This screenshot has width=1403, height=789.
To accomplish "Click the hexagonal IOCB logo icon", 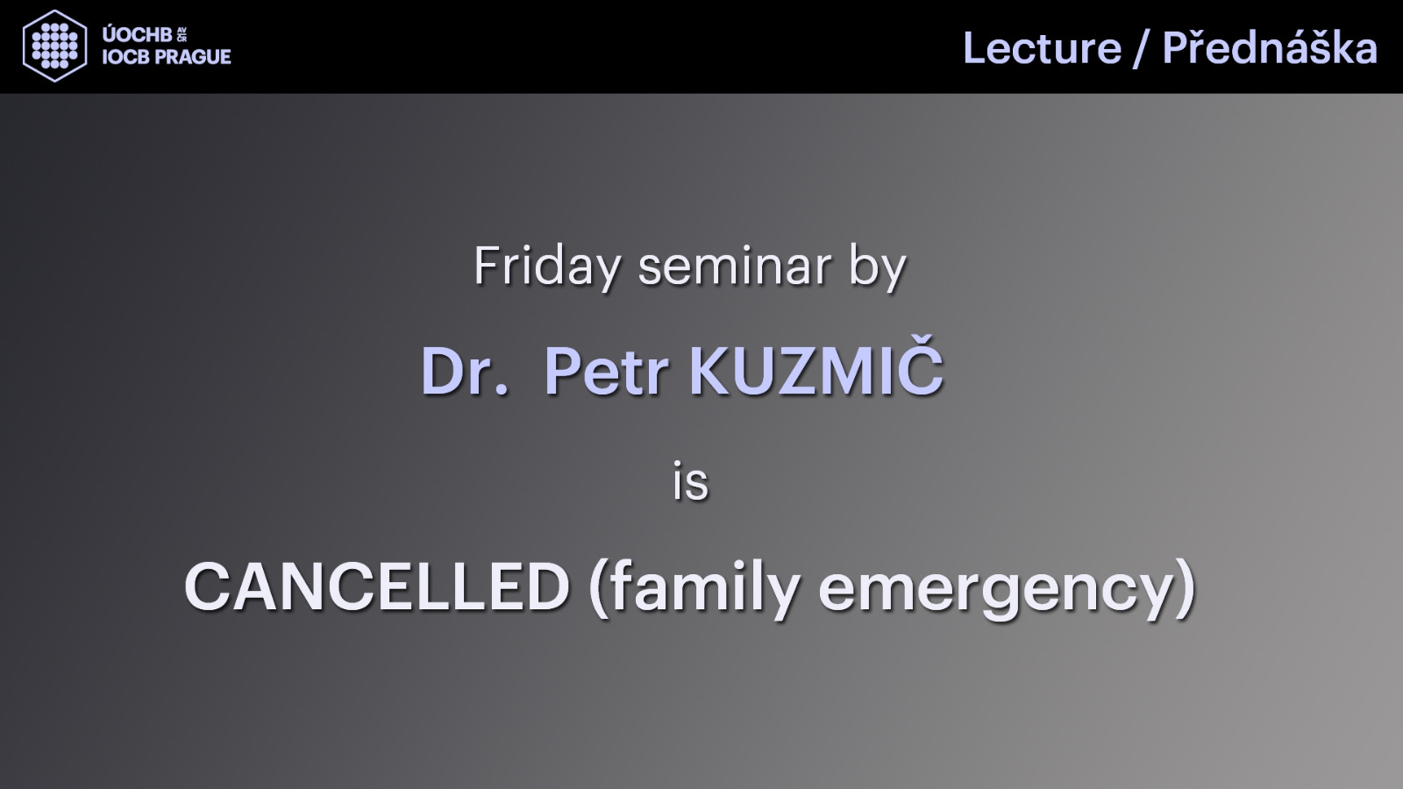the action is [x=54, y=46].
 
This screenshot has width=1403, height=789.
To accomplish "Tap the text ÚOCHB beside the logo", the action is [x=137, y=34].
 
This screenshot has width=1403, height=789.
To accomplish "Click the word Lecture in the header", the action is [x=1042, y=48].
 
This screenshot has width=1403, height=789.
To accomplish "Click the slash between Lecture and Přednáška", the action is [x=1141, y=49].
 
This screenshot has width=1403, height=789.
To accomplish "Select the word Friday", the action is [x=546, y=267].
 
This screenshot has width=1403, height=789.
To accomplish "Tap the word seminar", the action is [x=735, y=267].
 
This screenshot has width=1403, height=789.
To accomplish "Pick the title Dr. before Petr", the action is [x=464, y=371].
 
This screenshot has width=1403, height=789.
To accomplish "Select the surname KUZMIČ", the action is [x=816, y=366].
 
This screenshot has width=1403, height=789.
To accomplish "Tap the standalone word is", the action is [x=690, y=481].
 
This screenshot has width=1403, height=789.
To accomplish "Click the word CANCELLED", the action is [x=377, y=586].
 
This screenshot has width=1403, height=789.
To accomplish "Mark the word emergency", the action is [x=995, y=592].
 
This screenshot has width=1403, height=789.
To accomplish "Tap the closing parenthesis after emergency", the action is [x=1185, y=588].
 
